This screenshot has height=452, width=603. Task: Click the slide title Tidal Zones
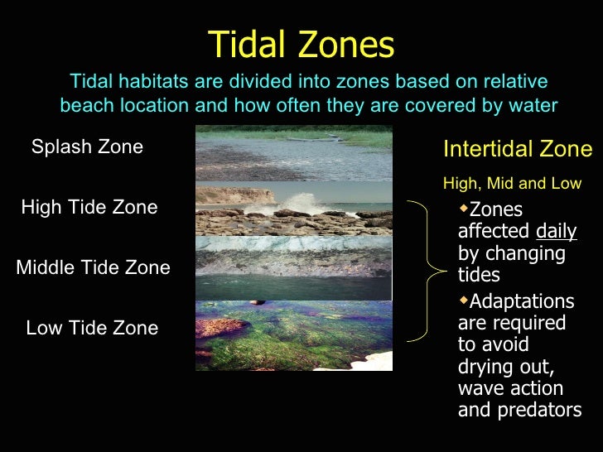pos(301,45)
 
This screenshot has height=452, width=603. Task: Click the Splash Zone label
pos(87,147)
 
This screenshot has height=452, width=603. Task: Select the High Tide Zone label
pos(89,207)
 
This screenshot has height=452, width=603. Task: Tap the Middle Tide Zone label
pos(93,267)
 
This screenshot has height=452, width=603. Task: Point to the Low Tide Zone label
pos(92,328)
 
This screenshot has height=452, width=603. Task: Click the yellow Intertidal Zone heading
pos(518,149)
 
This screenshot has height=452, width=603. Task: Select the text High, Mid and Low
pos(512,183)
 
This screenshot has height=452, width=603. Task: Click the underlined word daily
pos(557,231)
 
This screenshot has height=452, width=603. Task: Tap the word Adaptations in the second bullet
pos(521,301)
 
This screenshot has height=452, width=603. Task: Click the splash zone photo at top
pos(293,153)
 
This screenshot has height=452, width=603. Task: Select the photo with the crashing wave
pos(293,209)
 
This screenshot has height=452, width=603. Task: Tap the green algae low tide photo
pos(293,335)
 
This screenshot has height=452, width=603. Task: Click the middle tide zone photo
pos(293,267)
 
